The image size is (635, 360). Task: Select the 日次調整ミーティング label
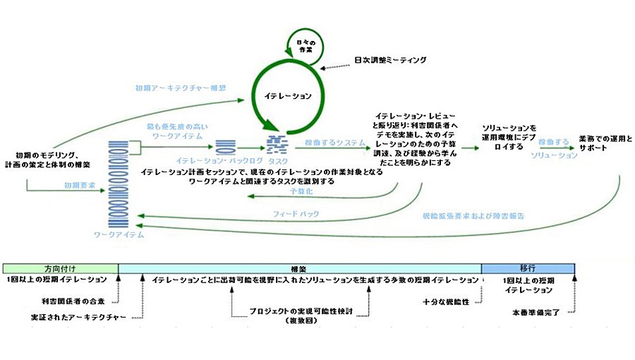390,61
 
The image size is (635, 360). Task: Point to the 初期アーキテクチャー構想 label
181,89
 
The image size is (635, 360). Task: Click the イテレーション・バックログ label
226,160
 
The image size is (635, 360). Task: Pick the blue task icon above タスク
277,145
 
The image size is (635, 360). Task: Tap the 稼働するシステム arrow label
325,143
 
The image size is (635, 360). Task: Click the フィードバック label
296,213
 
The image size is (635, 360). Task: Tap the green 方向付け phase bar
61,268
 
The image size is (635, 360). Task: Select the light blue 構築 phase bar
300,268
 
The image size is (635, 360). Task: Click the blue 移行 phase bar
528,268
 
